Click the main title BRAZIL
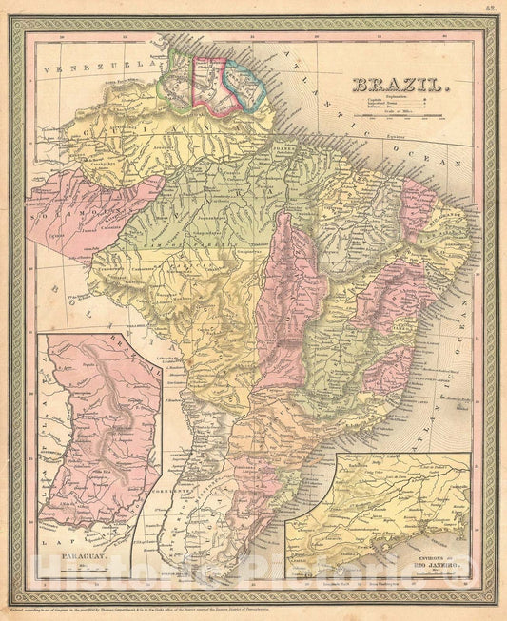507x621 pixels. pyautogui.click(x=400, y=85)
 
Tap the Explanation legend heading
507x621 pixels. pyautogui.click(x=390, y=96)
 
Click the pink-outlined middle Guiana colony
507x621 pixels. pyautogui.click(x=209, y=80)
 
